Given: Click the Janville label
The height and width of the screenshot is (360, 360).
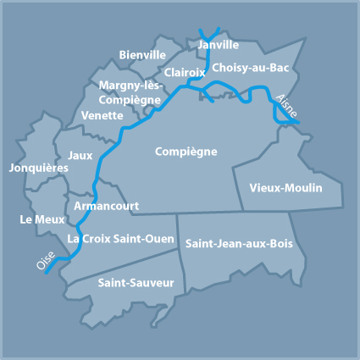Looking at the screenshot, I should (x=218, y=45).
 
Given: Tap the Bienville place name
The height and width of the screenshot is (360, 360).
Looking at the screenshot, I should (x=142, y=55).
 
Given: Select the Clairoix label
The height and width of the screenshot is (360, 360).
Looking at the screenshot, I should (x=184, y=73).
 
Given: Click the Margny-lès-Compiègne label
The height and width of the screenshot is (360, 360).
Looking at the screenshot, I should (x=130, y=93).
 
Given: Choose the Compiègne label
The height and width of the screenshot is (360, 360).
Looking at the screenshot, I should (x=186, y=152).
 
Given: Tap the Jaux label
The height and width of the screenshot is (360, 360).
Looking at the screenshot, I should (x=80, y=155).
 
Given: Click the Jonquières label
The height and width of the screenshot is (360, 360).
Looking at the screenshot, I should (x=38, y=168).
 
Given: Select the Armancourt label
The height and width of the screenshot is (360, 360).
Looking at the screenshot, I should (x=107, y=206).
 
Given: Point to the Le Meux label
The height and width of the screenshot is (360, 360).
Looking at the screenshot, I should (x=37, y=219).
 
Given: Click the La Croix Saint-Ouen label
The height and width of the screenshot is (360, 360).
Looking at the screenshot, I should (x=121, y=238).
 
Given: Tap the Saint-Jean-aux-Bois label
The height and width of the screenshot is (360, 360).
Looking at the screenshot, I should (x=238, y=243).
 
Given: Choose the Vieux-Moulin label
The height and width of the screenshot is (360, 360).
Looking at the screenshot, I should (x=286, y=187).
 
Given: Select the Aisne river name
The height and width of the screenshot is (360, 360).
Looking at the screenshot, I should (x=286, y=104).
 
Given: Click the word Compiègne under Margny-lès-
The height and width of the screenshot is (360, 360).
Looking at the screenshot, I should (x=130, y=100).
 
